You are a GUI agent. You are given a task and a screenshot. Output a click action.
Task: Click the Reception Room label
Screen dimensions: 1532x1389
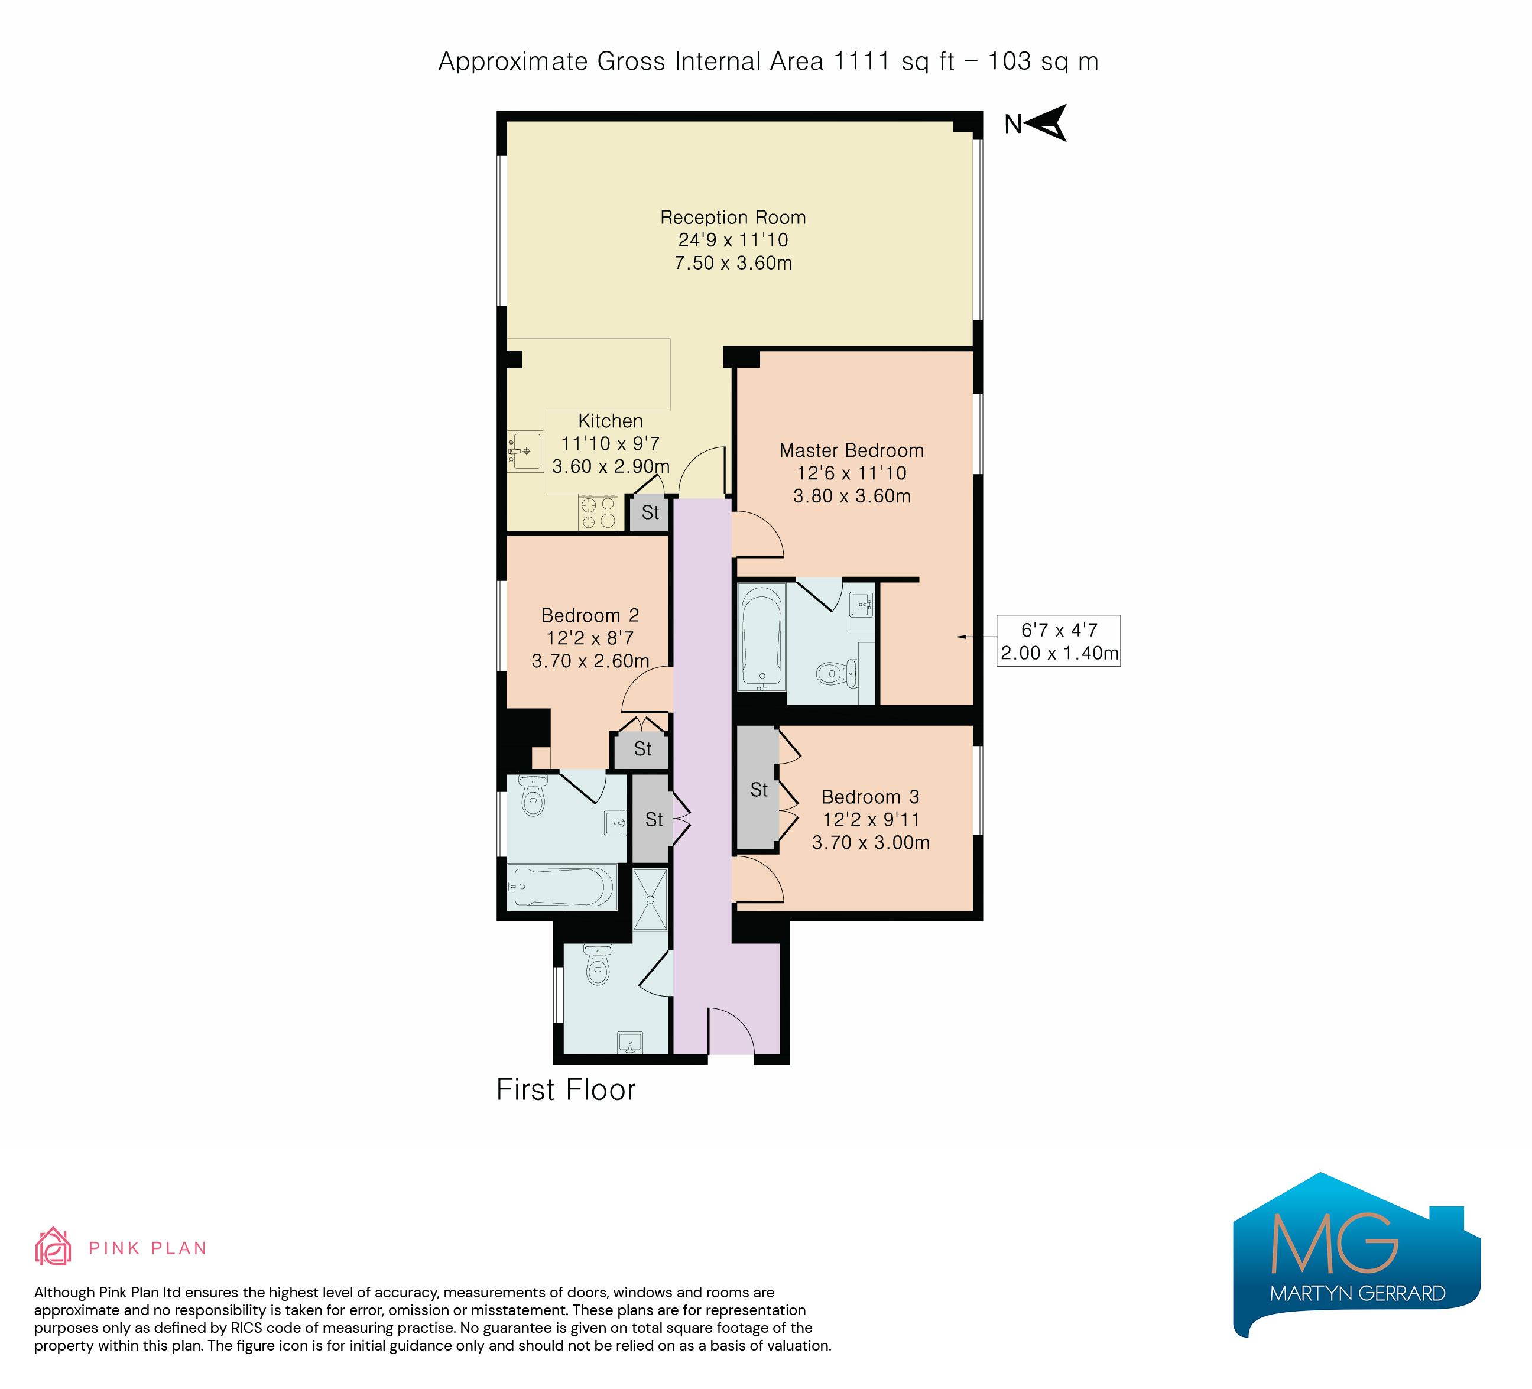click(732, 218)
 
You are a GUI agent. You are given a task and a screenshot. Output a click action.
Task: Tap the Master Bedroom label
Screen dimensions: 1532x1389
click(851, 450)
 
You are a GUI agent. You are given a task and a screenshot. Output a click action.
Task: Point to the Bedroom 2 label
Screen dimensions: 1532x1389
click(590, 615)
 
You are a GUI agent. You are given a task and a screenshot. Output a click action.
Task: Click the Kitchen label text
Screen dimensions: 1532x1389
click(610, 421)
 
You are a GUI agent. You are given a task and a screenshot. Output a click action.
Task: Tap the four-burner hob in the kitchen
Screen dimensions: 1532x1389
click(598, 511)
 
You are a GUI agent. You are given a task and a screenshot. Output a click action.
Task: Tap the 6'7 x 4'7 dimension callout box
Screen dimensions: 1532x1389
click(1059, 641)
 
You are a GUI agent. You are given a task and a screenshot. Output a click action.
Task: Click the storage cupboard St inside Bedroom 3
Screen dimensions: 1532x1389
click(758, 788)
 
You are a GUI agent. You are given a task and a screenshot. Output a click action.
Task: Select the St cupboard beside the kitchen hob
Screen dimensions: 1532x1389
click(650, 513)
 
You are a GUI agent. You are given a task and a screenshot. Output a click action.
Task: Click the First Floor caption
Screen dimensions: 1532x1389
click(566, 1089)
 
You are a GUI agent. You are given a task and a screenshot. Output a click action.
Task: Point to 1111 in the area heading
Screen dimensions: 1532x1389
click(862, 61)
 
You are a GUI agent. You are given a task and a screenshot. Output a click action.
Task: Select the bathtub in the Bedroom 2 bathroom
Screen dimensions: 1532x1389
click(562, 887)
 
